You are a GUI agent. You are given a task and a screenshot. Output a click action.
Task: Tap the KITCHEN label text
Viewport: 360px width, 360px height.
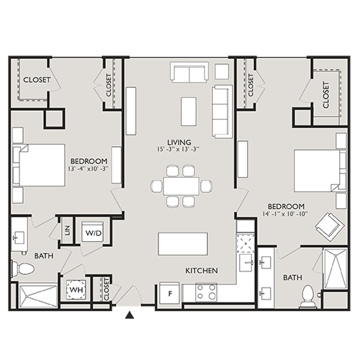[x=201, y=270]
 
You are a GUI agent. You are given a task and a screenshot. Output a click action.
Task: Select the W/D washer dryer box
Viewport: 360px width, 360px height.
[x=93, y=233]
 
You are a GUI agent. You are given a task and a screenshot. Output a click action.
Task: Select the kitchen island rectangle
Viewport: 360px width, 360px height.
[x=183, y=244]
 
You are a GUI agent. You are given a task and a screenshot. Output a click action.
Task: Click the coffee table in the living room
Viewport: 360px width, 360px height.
[x=189, y=111]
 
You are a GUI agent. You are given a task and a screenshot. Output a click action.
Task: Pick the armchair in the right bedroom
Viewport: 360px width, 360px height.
[x=328, y=225]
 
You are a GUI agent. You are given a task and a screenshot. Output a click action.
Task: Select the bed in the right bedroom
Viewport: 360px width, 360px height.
[x=317, y=171]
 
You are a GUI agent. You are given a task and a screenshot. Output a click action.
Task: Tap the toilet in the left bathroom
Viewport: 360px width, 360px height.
[x=26, y=269]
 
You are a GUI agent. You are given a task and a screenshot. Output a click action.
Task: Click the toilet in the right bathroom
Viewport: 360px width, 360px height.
[x=307, y=294]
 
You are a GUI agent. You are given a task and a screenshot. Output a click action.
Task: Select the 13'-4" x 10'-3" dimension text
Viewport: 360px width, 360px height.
[x=89, y=168]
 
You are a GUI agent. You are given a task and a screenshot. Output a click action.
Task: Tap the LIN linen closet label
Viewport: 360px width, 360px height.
[x=67, y=230]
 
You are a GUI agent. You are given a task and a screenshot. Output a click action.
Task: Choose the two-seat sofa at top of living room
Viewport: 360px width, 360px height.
[x=189, y=72]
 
